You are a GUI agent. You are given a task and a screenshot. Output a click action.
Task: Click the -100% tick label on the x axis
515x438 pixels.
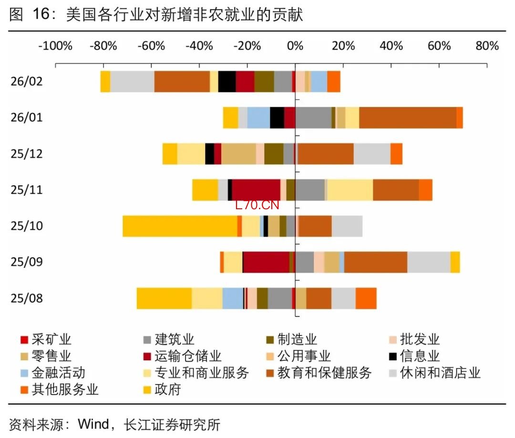coord(55,46)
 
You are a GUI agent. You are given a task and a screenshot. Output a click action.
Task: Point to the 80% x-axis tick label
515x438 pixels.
coord(487,46)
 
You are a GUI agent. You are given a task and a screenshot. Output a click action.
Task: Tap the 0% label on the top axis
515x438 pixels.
coord(295,46)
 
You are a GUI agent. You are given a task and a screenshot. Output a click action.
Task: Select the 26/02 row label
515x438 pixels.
coord(27,81)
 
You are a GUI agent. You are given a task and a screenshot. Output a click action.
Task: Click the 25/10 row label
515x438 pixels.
coord(27,225)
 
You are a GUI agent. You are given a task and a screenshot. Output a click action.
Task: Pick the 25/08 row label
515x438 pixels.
coord(27,298)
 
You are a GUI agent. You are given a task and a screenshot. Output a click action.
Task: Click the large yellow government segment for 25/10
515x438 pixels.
coord(180,226)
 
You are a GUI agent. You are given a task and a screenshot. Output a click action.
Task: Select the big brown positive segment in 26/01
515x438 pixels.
coord(408,118)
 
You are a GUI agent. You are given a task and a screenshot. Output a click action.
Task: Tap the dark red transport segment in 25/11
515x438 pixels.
coord(256,190)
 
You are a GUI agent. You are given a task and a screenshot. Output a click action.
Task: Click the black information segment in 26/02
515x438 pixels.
coord(227,81)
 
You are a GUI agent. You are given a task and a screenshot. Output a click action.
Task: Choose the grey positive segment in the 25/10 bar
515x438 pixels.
coord(347,226)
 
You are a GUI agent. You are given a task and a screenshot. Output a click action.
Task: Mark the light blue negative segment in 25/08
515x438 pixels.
coord(233,299)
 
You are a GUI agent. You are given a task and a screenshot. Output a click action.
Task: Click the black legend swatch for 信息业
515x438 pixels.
coord(393,356)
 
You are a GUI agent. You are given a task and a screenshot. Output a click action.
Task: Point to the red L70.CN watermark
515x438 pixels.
coord(257,205)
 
